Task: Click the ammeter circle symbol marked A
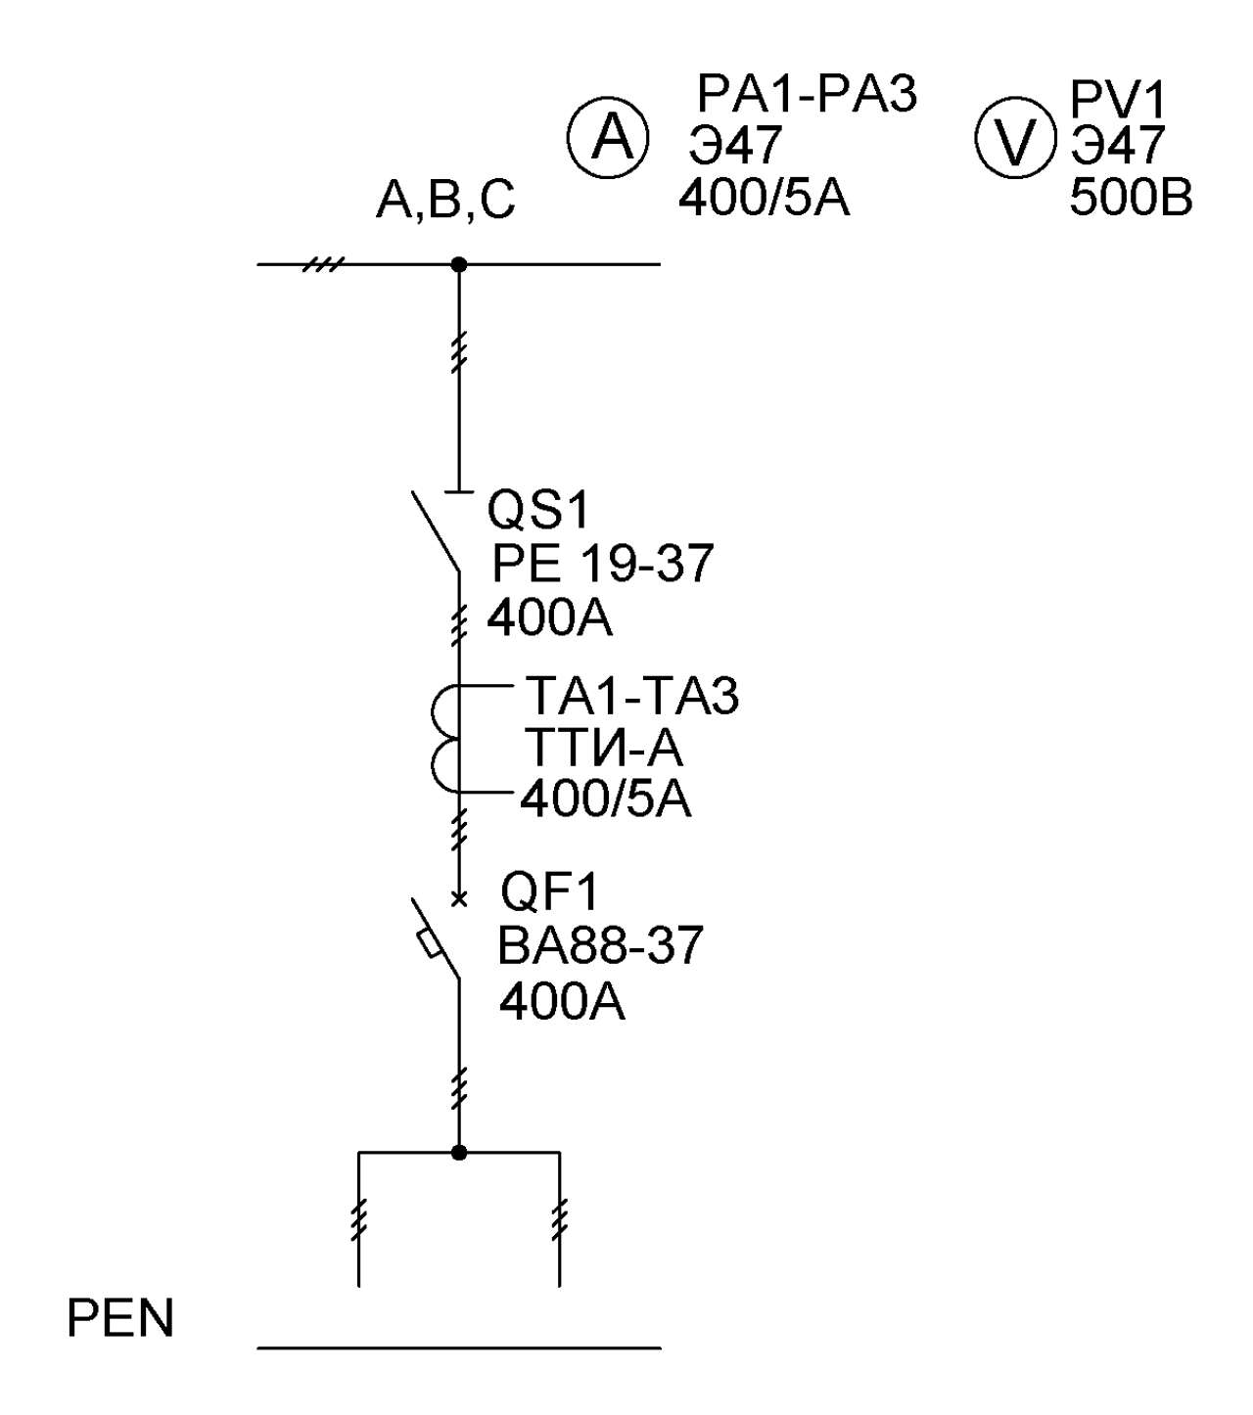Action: [607, 138]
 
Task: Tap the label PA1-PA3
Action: [808, 94]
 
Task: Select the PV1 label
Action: [1118, 100]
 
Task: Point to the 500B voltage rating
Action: [1131, 199]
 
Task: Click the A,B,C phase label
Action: [445, 201]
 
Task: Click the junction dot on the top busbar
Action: [458, 265]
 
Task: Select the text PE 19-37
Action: [602, 563]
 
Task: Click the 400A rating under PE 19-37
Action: [549, 617]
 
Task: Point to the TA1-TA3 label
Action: [631, 696]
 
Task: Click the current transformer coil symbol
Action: [444, 739]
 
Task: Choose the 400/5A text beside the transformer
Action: [606, 799]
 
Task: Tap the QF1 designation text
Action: [549, 893]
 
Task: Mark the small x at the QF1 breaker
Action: [458, 900]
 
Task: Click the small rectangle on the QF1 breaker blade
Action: [428, 943]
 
